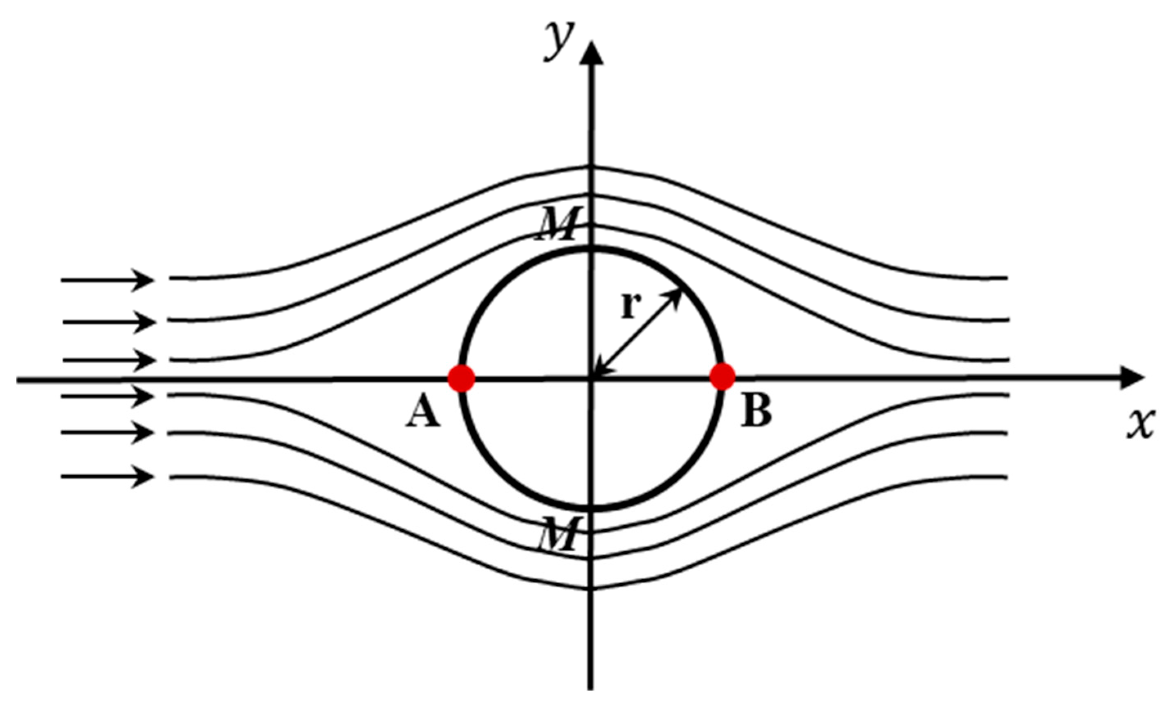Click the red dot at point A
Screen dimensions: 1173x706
pos(461,378)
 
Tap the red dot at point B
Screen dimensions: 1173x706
pos(722,377)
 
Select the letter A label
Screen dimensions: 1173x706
pos(423,412)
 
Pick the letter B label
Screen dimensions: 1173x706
pos(756,411)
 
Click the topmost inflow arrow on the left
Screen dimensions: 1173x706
pos(107,280)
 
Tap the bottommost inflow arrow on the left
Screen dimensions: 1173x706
pos(107,476)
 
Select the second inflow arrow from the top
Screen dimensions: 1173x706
pos(108,322)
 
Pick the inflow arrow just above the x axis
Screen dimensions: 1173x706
pos(108,360)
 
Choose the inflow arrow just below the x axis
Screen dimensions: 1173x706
pos(107,396)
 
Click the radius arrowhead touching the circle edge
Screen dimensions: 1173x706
pos(675,296)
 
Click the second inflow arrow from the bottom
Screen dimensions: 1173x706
pos(107,433)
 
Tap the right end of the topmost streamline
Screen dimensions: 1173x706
pos(1006,277)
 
